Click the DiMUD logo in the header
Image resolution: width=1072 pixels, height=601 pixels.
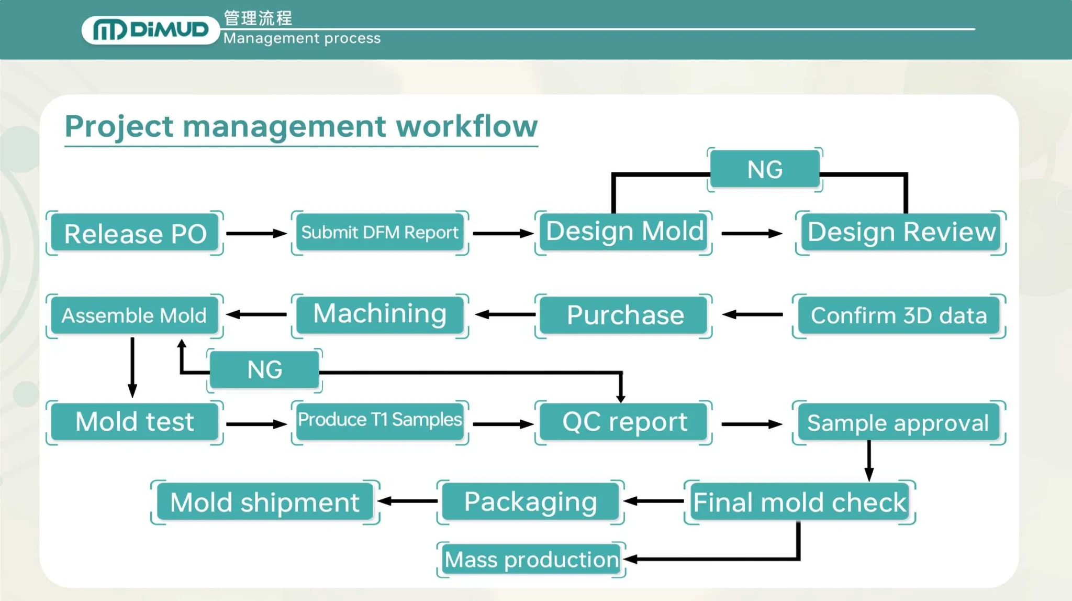click(150, 30)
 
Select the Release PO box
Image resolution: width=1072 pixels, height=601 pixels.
click(135, 233)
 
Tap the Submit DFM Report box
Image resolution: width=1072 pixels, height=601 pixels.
click(379, 233)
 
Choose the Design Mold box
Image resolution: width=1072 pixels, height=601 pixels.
click(624, 232)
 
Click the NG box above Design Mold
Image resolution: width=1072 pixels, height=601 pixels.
click(765, 169)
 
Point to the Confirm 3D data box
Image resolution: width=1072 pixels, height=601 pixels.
click(899, 315)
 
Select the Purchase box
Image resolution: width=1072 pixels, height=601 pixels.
click(624, 315)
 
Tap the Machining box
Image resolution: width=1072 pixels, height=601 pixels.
click(379, 315)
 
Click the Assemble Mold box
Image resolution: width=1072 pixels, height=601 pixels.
click(135, 315)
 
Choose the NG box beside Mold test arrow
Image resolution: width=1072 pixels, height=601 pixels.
click(264, 370)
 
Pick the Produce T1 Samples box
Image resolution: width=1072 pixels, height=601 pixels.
click(379, 421)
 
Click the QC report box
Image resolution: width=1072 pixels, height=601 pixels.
click(624, 422)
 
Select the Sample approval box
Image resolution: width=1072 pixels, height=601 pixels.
click(898, 422)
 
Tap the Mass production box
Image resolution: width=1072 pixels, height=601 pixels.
click(531, 560)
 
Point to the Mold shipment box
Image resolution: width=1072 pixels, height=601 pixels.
click(265, 502)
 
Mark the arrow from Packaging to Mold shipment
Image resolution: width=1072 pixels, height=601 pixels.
click(408, 501)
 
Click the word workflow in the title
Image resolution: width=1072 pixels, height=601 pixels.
click(466, 126)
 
